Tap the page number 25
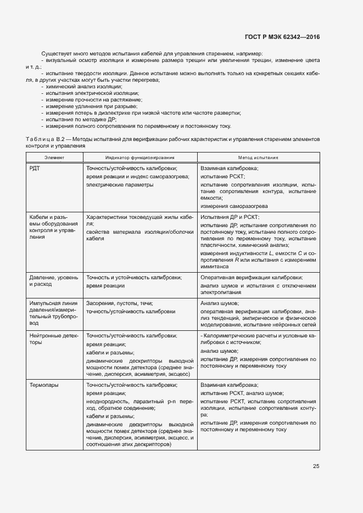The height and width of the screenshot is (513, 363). coord(316,466)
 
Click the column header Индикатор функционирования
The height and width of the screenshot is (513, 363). coord(140,157)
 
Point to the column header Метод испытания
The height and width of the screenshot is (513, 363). coord(258,157)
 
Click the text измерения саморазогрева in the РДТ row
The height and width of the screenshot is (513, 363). coord(234,206)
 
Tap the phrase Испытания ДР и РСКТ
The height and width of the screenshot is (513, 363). coord(230,217)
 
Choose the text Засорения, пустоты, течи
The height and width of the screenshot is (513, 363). coord(120,303)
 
